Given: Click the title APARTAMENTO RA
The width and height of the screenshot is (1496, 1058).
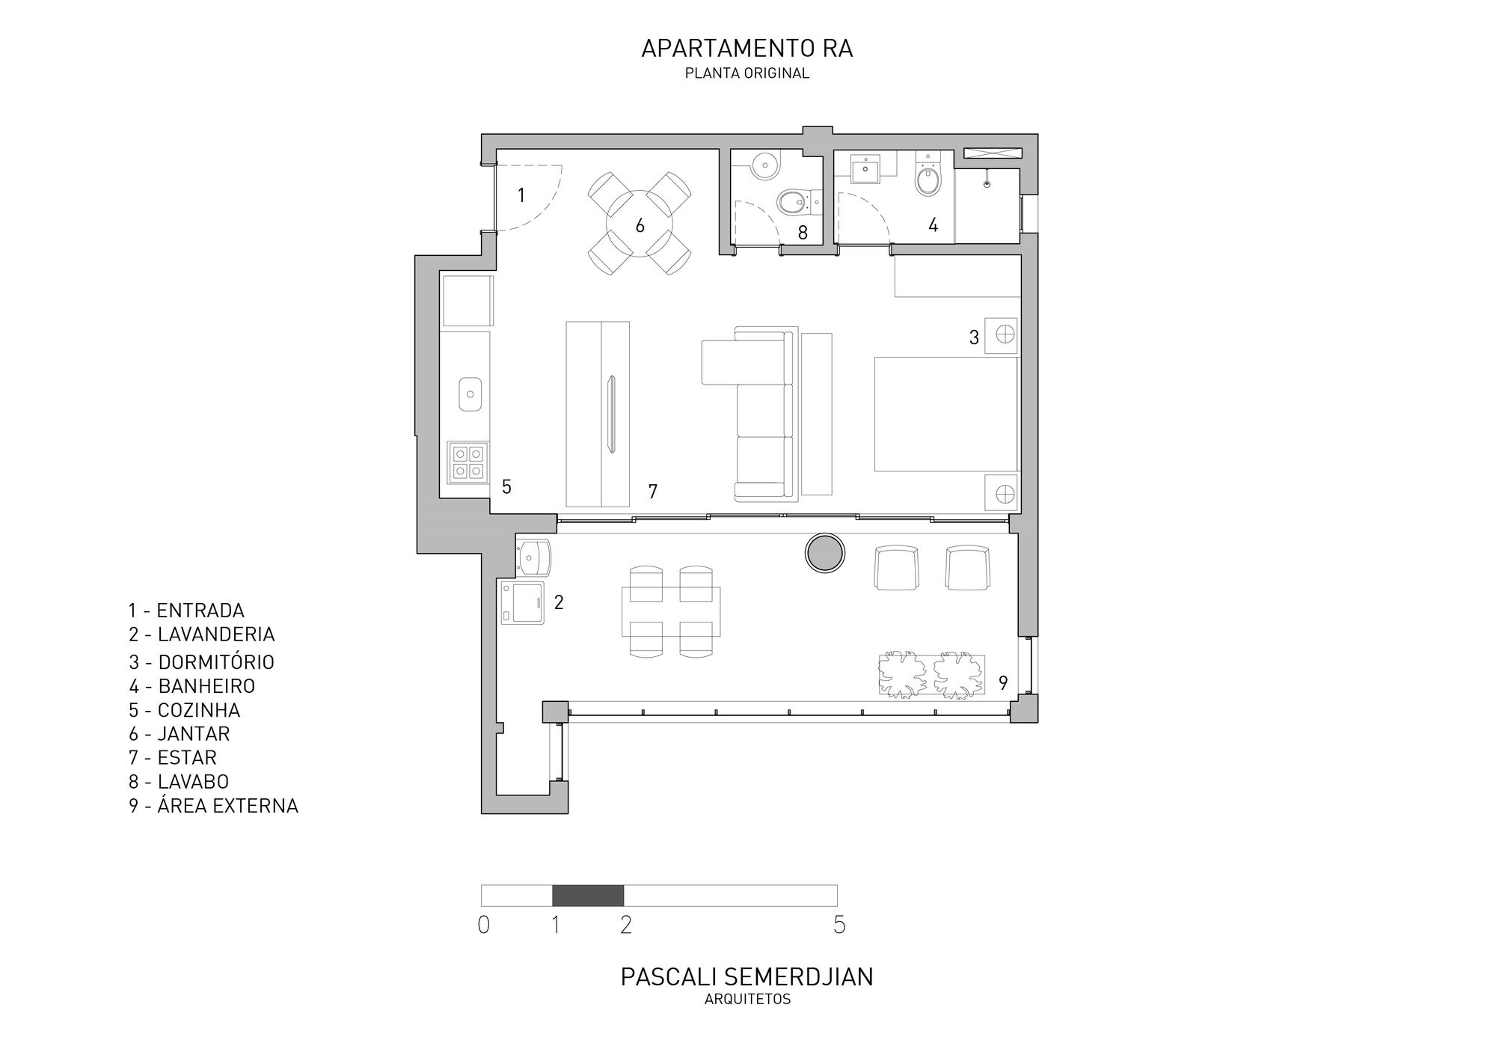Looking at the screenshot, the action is click(x=747, y=49).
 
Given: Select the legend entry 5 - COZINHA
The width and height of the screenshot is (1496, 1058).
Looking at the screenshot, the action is click(x=185, y=710).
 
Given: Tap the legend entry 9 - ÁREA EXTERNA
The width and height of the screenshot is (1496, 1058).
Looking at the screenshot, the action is click(x=213, y=806).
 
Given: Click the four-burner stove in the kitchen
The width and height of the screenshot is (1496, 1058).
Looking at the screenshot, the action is click(x=467, y=462).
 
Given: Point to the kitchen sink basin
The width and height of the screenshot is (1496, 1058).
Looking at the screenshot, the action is click(x=470, y=394).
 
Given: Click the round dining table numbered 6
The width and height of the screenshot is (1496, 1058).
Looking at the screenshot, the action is click(x=640, y=224).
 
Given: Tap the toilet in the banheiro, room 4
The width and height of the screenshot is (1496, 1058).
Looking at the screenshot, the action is click(x=928, y=177).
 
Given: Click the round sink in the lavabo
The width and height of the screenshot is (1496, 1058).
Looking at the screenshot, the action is click(x=765, y=165).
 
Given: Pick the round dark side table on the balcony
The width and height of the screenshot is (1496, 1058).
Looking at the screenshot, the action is click(x=825, y=554).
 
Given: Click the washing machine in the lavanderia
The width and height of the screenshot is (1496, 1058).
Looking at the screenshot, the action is click(x=522, y=602).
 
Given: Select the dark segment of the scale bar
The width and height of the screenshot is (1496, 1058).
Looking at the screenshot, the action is click(x=588, y=895).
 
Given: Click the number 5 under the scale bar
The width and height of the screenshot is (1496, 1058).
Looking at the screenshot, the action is click(x=839, y=926).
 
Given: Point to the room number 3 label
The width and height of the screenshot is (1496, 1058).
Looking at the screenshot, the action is click(x=974, y=338).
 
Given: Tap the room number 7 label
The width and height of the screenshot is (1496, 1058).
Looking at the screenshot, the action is click(x=653, y=492).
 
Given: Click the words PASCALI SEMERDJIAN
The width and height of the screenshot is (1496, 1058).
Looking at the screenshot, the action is click(x=747, y=977).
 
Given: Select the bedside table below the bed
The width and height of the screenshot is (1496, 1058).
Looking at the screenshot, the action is click(x=1002, y=493).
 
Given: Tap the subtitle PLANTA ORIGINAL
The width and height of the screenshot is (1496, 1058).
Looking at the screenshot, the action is click(x=747, y=73).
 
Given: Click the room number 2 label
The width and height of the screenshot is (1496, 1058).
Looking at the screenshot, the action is click(x=559, y=602).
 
